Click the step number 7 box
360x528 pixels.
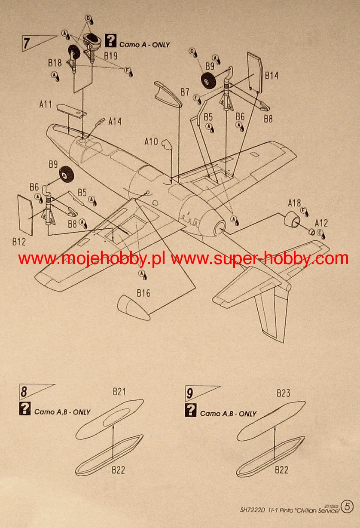pyautogui.click(x=27, y=44)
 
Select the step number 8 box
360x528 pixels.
pyautogui.click(x=24, y=392)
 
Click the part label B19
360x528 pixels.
pyautogui.click(x=111, y=55)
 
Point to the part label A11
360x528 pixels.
pyautogui.click(x=46, y=104)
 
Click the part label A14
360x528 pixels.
pyautogui.click(x=115, y=122)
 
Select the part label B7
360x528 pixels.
pyautogui.click(x=185, y=92)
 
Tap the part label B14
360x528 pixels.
pyautogui.click(x=272, y=76)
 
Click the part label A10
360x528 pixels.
pyautogui.click(x=151, y=141)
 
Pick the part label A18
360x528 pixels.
pyautogui.click(x=294, y=203)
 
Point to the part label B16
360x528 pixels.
pyautogui.click(x=143, y=293)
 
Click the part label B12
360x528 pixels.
pyautogui.click(x=19, y=242)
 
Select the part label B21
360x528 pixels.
pyautogui.click(x=119, y=392)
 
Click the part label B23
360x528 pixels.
pyautogui.click(x=284, y=393)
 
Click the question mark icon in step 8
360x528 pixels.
pyautogui.click(x=25, y=409)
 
